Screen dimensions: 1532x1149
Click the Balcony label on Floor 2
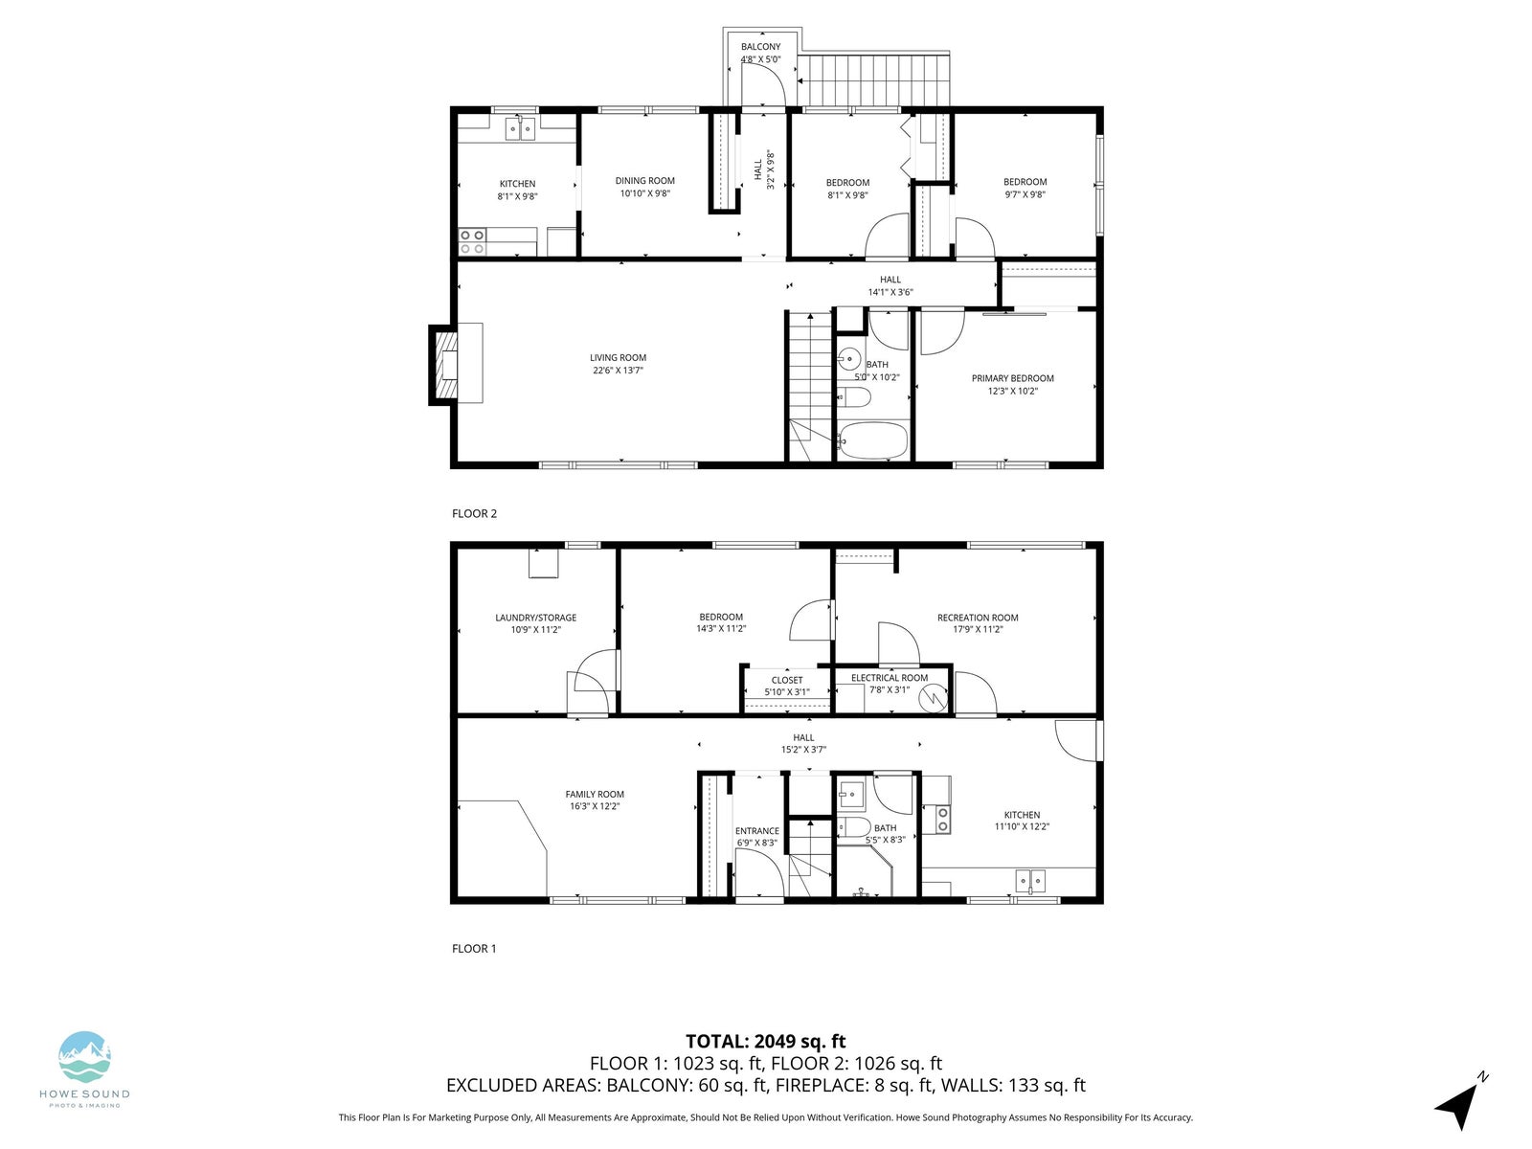[760, 47]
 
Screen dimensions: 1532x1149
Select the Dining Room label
[644, 181]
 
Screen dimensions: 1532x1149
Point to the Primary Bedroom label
[1012, 378]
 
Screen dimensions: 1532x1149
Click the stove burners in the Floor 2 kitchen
[472, 242]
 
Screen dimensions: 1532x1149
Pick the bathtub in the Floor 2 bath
[872, 440]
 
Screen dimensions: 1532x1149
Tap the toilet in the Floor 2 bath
[854, 398]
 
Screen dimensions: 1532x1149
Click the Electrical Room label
[890, 677]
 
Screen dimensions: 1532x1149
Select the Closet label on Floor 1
[787, 680]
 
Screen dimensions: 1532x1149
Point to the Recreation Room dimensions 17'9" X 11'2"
[978, 629]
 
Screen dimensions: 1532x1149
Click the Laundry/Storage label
[535, 618]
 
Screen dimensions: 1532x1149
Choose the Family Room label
[594, 794]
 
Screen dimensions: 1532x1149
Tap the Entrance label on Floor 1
[756, 831]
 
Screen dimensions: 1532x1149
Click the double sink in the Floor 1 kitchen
[1029, 881]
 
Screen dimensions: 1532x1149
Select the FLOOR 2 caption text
[474, 513]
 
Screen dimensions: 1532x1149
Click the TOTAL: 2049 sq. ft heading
[765, 1042]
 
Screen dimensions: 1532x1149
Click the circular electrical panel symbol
[933, 698]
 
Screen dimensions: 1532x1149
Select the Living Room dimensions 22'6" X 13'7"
[618, 371]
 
